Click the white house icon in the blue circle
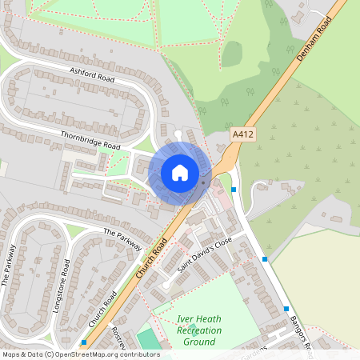(180, 172)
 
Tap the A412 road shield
(242, 136)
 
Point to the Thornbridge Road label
(90, 141)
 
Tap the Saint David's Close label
(205, 254)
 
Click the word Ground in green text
(198, 342)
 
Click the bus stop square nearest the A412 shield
(234, 190)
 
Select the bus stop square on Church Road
(84, 342)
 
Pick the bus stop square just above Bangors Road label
(286, 309)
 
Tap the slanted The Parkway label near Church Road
(122, 239)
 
